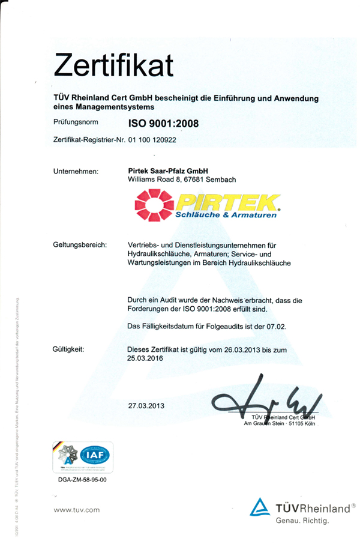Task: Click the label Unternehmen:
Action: pyautogui.click(x=76, y=172)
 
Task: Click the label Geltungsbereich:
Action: pyautogui.click(x=80, y=245)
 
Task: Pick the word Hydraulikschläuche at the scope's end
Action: pyautogui.click(x=257, y=263)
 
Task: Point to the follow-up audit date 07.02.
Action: pyautogui.click(x=278, y=326)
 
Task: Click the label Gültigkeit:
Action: pyautogui.click(x=68, y=348)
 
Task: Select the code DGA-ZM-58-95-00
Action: pyautogui.click(x=80, y=481)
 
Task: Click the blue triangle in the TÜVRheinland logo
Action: pyautogui.click(x=259, y=507)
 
